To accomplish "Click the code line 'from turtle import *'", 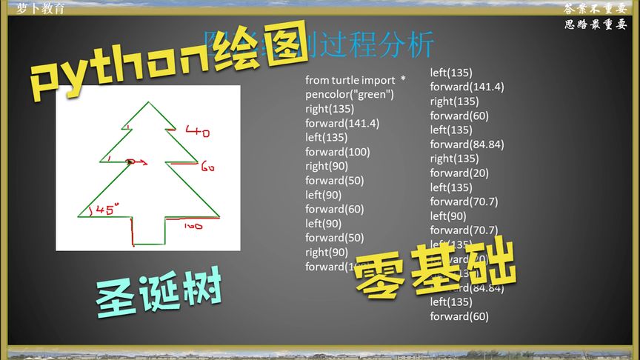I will pyautogui.click(x=356, y=80).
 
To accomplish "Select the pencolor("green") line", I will pyautogui.click(x=350, y=94).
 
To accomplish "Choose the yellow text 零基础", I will pyautogui.click(x=434, y=270).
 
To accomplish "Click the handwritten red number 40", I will pyautogui.click(x=198, y=133).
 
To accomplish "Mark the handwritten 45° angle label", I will pyautogui.click(x=107, y=210).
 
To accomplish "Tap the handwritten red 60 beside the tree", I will pyautogui.click(x=207, y=167).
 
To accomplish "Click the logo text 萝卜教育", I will pyautogui.click(x=41, y=8).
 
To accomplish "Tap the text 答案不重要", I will pyautogui.click(x=596, y=9).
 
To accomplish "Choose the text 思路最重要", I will pyautogui.click(x=596, y=24).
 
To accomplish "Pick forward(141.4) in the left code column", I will pyautogui.click(x=342, y=123).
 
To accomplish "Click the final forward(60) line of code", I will pyautogui.click(x=459, y=316).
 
